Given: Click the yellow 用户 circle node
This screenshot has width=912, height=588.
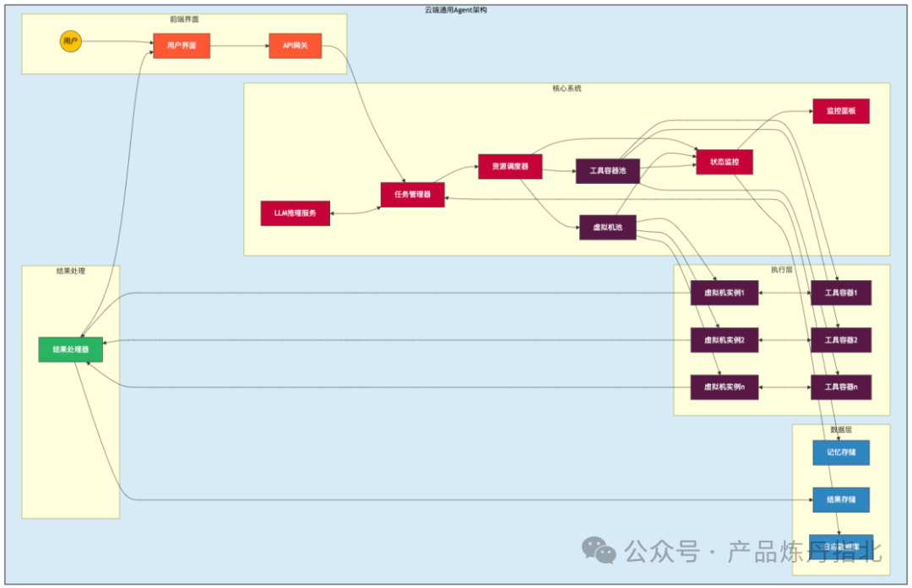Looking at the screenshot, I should pos(71,41).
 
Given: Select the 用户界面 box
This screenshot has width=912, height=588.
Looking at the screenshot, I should pos(182,46).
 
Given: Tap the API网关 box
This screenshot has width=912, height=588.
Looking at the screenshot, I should pos(295,46).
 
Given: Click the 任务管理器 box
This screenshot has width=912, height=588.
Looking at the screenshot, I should pos(412,195).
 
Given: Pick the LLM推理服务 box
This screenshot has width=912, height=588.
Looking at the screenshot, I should pos(295,213).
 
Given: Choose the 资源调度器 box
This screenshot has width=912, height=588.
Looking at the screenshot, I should pos(510,167).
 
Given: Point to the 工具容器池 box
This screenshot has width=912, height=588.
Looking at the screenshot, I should pos(607,171).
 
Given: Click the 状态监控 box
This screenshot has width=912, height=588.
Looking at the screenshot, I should pos(725,162).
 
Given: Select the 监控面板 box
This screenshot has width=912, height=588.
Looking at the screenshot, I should pos(840,111).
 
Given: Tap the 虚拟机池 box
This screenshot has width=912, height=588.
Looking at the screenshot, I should pos(607,228).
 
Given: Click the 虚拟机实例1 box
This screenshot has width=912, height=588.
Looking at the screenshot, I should pos(724,293).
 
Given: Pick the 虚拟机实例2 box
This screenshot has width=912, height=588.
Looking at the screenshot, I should pos(724,340).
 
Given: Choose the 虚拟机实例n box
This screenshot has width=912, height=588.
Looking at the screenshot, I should pos(724,387).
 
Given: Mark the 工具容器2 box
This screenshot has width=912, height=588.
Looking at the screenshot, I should pos(840,340).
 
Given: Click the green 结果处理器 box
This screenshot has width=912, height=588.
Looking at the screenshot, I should pos(71,349).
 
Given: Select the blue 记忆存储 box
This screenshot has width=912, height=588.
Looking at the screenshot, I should pos(840,452).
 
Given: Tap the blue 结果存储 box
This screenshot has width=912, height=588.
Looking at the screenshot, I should pos(840,499).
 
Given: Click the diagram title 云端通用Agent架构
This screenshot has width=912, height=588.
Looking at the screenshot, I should pos(455,10).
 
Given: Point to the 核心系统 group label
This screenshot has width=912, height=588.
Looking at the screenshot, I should pos(567,89).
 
